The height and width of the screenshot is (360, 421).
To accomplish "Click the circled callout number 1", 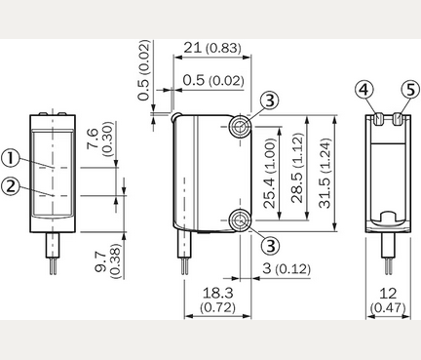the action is (11, 158).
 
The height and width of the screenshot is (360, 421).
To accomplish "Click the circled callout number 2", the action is (11, 186).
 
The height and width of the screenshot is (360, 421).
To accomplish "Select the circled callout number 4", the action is (364, 89).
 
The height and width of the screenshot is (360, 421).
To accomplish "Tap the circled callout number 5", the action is (410, 89).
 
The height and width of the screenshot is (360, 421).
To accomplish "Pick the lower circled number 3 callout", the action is (270, 246).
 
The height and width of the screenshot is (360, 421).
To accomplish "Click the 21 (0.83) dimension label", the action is (212, 48).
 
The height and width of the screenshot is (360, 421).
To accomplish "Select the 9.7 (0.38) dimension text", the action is (107, 261).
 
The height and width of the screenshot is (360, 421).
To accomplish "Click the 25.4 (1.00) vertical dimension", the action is (270, 174).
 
